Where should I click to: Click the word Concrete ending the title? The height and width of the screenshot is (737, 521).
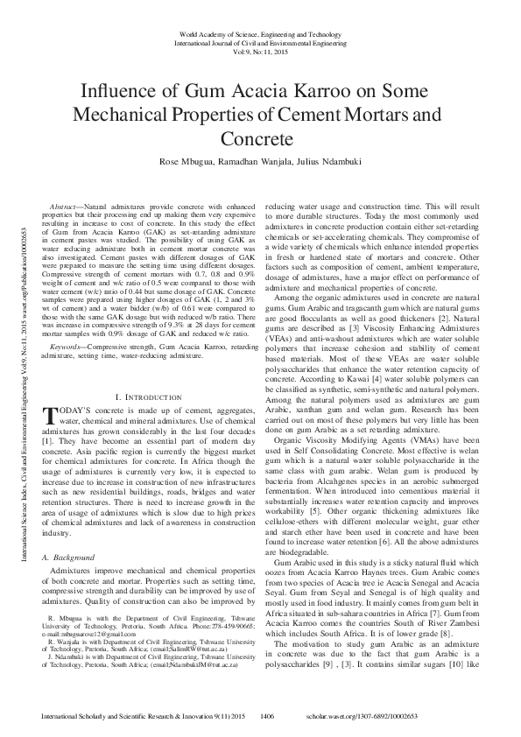pos(260,139)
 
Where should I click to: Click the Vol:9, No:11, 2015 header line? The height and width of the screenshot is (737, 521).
pos(260,50)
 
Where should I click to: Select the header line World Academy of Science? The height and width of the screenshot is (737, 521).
pos(260,32)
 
